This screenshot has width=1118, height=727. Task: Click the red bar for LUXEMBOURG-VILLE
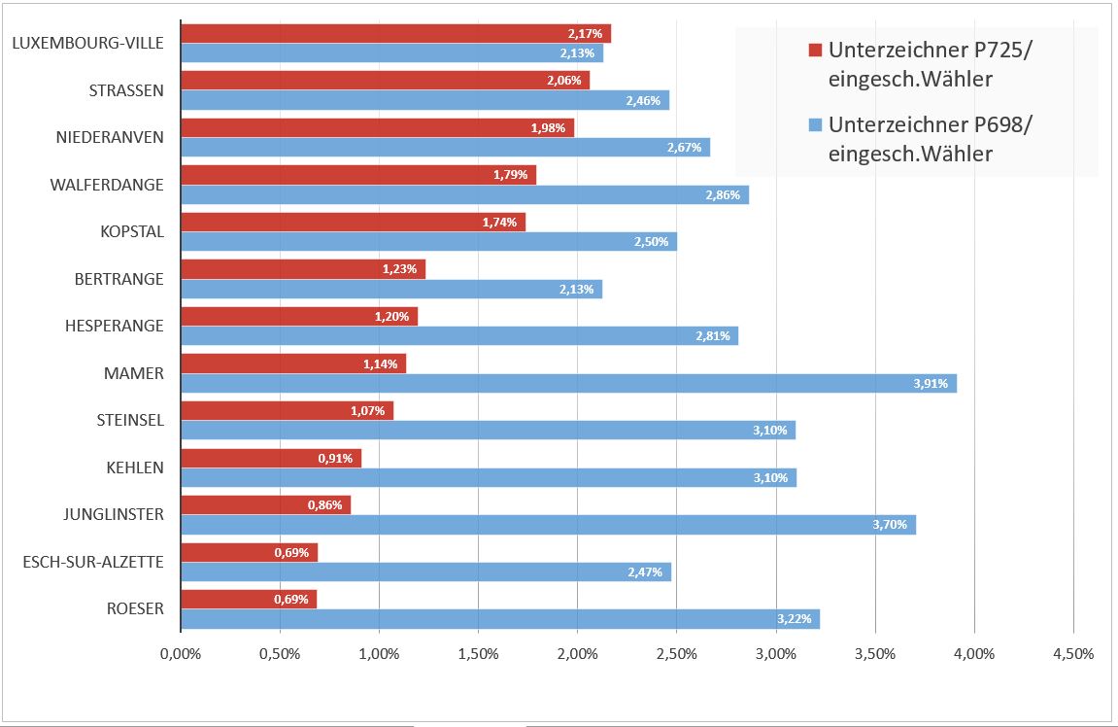(395, 34)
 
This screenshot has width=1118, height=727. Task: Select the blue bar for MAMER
(568, 383)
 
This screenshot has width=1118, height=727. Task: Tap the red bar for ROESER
(249, 600)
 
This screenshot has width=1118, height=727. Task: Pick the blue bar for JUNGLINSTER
(548, 525)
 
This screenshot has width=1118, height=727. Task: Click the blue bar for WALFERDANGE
(464, 194)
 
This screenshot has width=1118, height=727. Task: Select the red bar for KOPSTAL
(353, 223)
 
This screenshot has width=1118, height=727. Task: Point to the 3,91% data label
(930, 384)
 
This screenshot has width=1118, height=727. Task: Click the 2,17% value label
(586, 34)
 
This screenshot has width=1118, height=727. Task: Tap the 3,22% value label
(794, 619)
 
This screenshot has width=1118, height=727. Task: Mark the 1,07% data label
(367, 411)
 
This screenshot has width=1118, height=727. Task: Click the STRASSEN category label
(126, 90)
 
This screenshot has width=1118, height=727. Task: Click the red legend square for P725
(816, 50)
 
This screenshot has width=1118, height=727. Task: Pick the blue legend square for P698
(816, 124)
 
